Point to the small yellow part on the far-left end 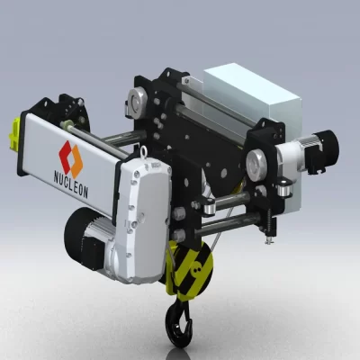tap(15, 133)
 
